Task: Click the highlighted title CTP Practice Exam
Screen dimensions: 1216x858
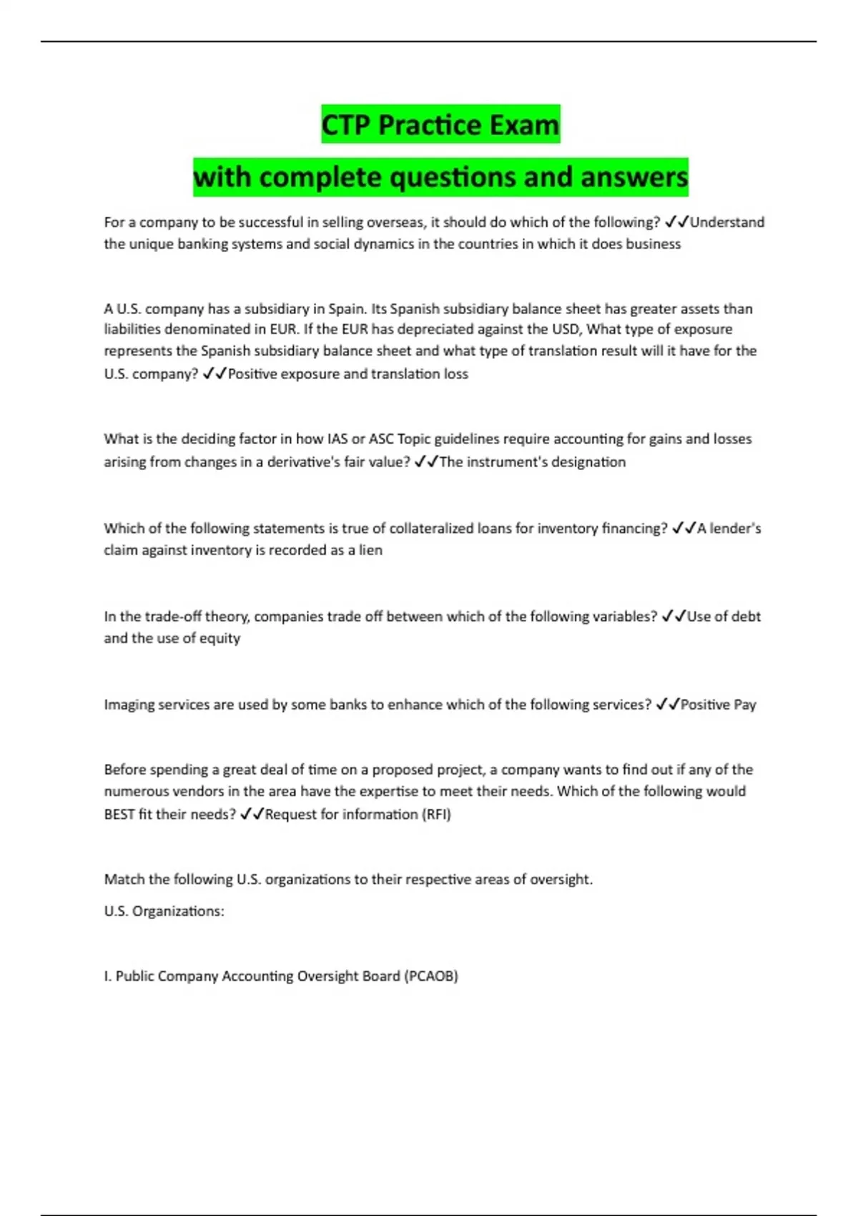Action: point(440,124)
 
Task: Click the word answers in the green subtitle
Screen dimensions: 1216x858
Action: point(634,177)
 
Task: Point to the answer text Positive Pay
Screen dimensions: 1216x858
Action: point(718,705)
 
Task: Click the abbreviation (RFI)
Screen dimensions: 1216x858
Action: point(436,814)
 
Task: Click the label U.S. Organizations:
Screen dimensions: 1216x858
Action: point(164,911)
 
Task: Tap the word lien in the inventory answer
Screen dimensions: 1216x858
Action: point(370,550)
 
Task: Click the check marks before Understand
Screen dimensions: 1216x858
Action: point(676,222)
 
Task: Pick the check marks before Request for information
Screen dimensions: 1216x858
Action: point(252,814)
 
